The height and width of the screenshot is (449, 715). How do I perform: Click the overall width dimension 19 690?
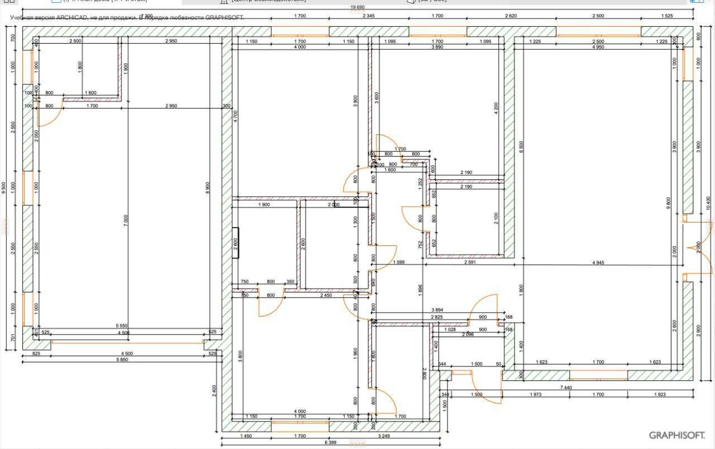click(x=357, y=7)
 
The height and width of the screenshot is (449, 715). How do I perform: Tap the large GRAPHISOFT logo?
click(x=676, y=435)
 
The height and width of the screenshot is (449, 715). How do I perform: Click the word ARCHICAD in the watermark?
click(x=71, y=17)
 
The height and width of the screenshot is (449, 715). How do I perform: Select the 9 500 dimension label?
click(x=4, y=187)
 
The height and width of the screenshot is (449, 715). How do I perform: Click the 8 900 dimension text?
click(x=208, y=188)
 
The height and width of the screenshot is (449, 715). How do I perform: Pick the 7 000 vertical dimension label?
click(x=126, y=220)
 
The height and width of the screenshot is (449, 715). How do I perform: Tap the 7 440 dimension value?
click(x=566, y=387)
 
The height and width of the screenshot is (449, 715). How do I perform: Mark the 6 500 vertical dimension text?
click(x=521, y=148)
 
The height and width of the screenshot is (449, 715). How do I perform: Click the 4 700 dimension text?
click(x=235, y=116)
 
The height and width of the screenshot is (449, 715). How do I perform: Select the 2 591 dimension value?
click(x=470, y=262)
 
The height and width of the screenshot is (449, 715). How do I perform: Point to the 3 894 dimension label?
click(x=437, y=310)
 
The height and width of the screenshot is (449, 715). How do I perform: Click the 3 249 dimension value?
click(x=384, y=436)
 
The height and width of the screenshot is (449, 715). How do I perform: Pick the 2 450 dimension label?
click(x=327, y=295)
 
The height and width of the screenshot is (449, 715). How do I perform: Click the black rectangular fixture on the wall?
click(x=236, y=243)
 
